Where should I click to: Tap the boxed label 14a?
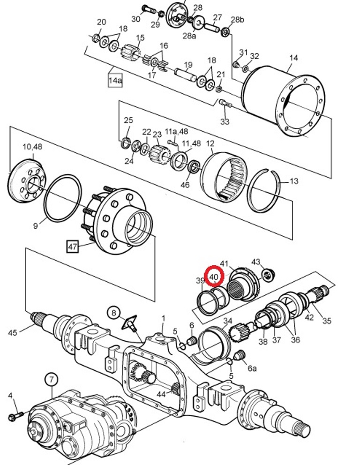115,80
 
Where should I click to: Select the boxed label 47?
73,247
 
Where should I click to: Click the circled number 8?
114,313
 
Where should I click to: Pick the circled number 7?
52,379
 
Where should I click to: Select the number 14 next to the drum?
293,58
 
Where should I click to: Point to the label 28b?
238,20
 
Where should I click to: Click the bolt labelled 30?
149,9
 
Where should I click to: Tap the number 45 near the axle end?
13,333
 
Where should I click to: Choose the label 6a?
252,368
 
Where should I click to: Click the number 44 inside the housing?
161,394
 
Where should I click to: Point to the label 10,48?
33,147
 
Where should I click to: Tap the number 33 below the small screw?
225,121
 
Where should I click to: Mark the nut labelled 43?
269,273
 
